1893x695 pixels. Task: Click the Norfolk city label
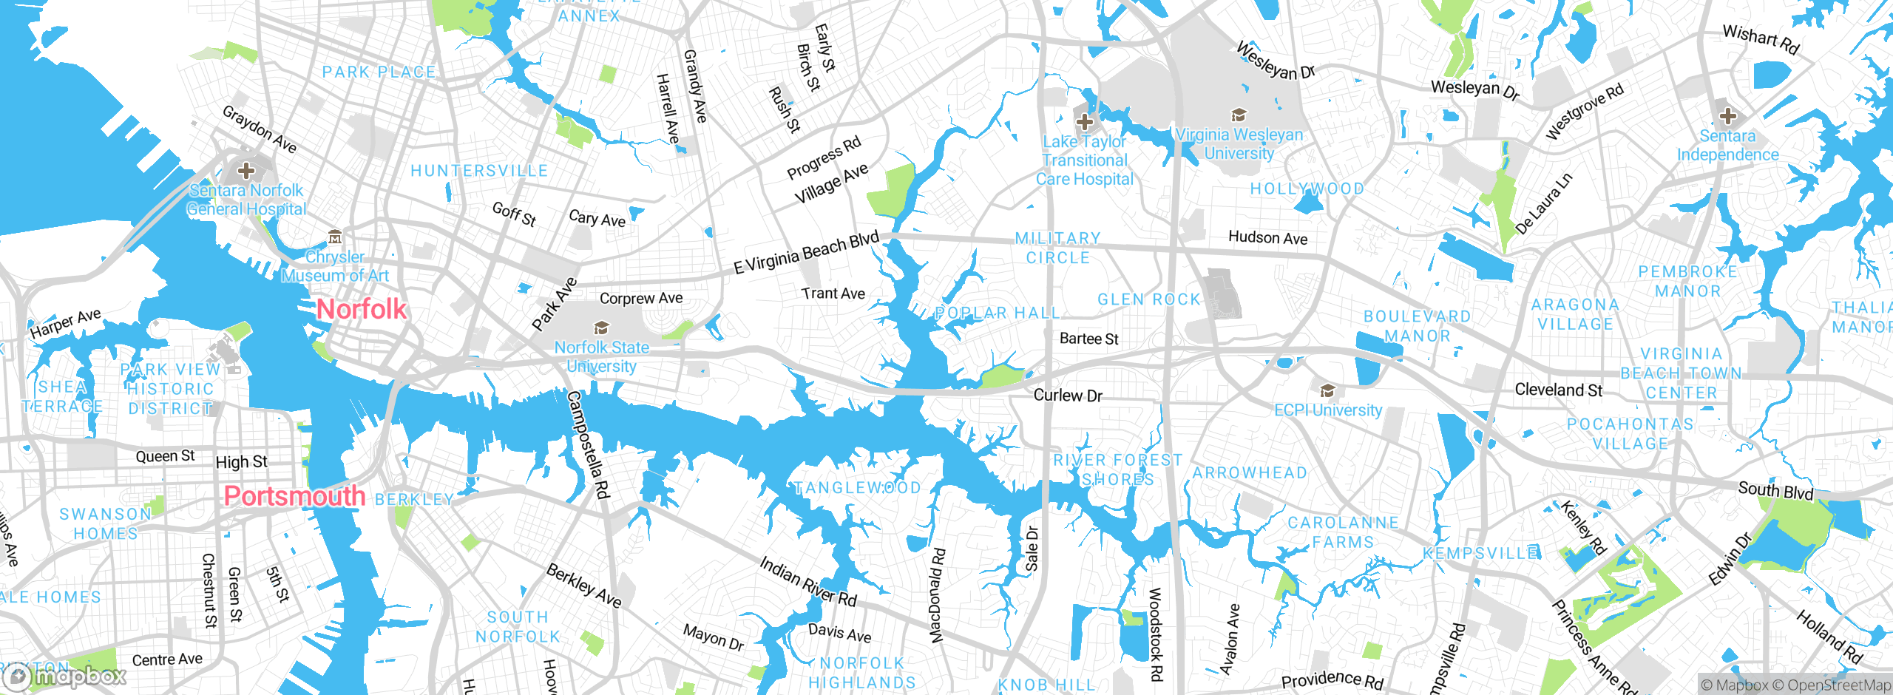(362, 309)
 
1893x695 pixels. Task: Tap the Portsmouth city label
(294, 495)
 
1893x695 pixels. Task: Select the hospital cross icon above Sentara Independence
(1727, 116)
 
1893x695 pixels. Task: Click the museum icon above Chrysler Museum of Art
(335, 237)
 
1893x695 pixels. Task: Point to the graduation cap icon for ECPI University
(1327, 391)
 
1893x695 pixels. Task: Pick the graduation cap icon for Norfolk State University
(602, 328)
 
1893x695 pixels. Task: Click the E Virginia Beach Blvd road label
(806, 253)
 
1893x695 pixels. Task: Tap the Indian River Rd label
(808, 582)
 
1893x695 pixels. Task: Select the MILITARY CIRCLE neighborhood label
(1057, 248)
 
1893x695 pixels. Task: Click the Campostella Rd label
(588, 444)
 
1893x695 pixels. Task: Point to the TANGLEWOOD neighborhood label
(857, 488)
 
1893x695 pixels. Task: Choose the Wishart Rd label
(1761, 39)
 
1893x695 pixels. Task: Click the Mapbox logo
(65, 676)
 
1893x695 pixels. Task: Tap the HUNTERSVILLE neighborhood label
(479, 171)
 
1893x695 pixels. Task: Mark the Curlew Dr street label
(1068, 396)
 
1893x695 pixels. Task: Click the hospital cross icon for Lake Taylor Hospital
(1085, 121)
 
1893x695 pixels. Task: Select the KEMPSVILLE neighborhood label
(1481, 554)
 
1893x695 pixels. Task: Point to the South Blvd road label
(1775, 490)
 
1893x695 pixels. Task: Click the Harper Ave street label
(66, 324)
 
